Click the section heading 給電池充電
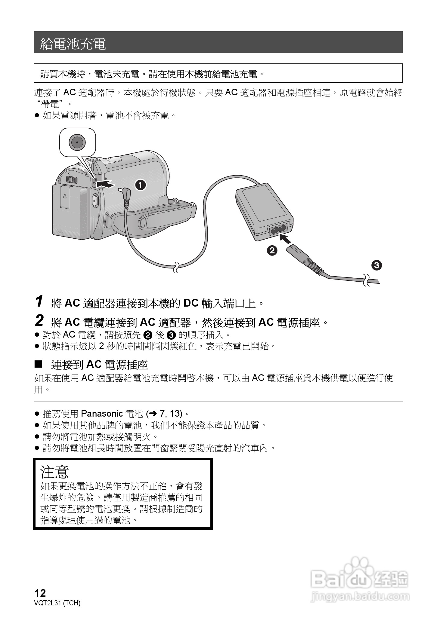click(73, 43)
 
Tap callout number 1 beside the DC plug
click(140, 185)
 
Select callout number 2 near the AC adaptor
click(272, 250)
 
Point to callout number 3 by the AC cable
click(377, 265)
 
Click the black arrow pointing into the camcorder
click(106, 184)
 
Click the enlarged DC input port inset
click(77, 142)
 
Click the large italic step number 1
click(39, 301)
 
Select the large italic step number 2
click(39, 321)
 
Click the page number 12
click(40, 593)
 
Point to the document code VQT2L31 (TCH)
click(57, 603)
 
